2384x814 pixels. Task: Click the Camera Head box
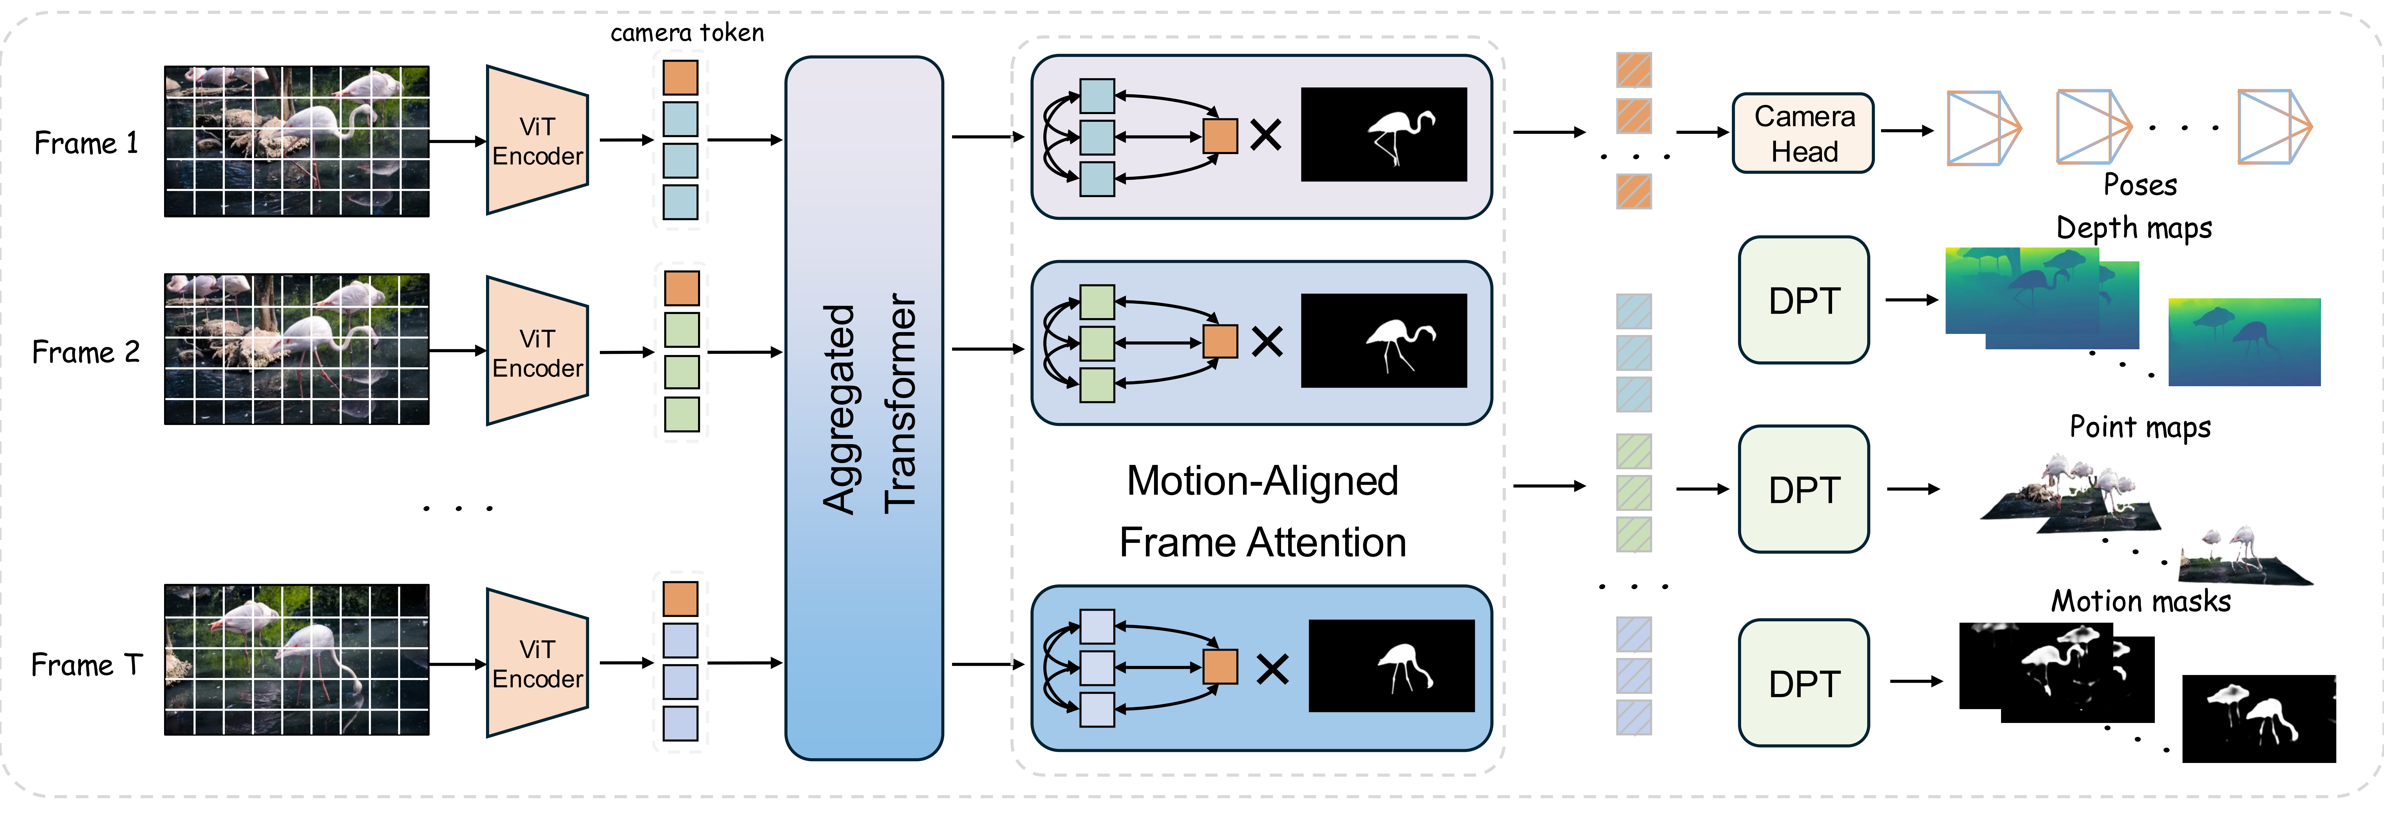1803,133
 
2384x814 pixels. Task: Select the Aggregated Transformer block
863,408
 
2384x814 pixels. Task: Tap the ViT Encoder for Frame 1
537,141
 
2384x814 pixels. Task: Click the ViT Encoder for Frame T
537,663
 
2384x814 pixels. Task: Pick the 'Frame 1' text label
86,144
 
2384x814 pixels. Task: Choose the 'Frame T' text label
86,665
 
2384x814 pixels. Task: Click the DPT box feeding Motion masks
1803,682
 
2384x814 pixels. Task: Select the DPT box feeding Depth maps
1803,300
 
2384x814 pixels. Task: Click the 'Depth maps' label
2133,228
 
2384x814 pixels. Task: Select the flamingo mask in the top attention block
1383,134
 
